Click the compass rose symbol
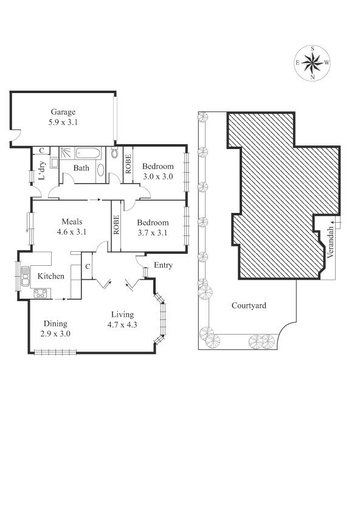click(312, 63)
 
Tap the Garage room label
click(63, 112)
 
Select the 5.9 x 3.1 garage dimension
click(63, 122)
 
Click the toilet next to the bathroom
click(114, 153)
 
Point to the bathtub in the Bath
click(88, 153)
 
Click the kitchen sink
click(25, 276)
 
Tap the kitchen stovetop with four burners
click(41, 293)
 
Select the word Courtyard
click(249, 305)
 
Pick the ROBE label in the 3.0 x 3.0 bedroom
click(128, 164)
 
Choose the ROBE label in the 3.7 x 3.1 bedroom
click(116, 225)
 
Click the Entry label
click(163, 265)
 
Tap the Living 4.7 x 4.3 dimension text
click(122, 325)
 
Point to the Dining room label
click(56, 324)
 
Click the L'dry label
click(42, 170)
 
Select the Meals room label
click(72, 221)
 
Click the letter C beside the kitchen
click(88, 267)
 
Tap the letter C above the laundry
click(41, 151)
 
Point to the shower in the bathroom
click(67, 153)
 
